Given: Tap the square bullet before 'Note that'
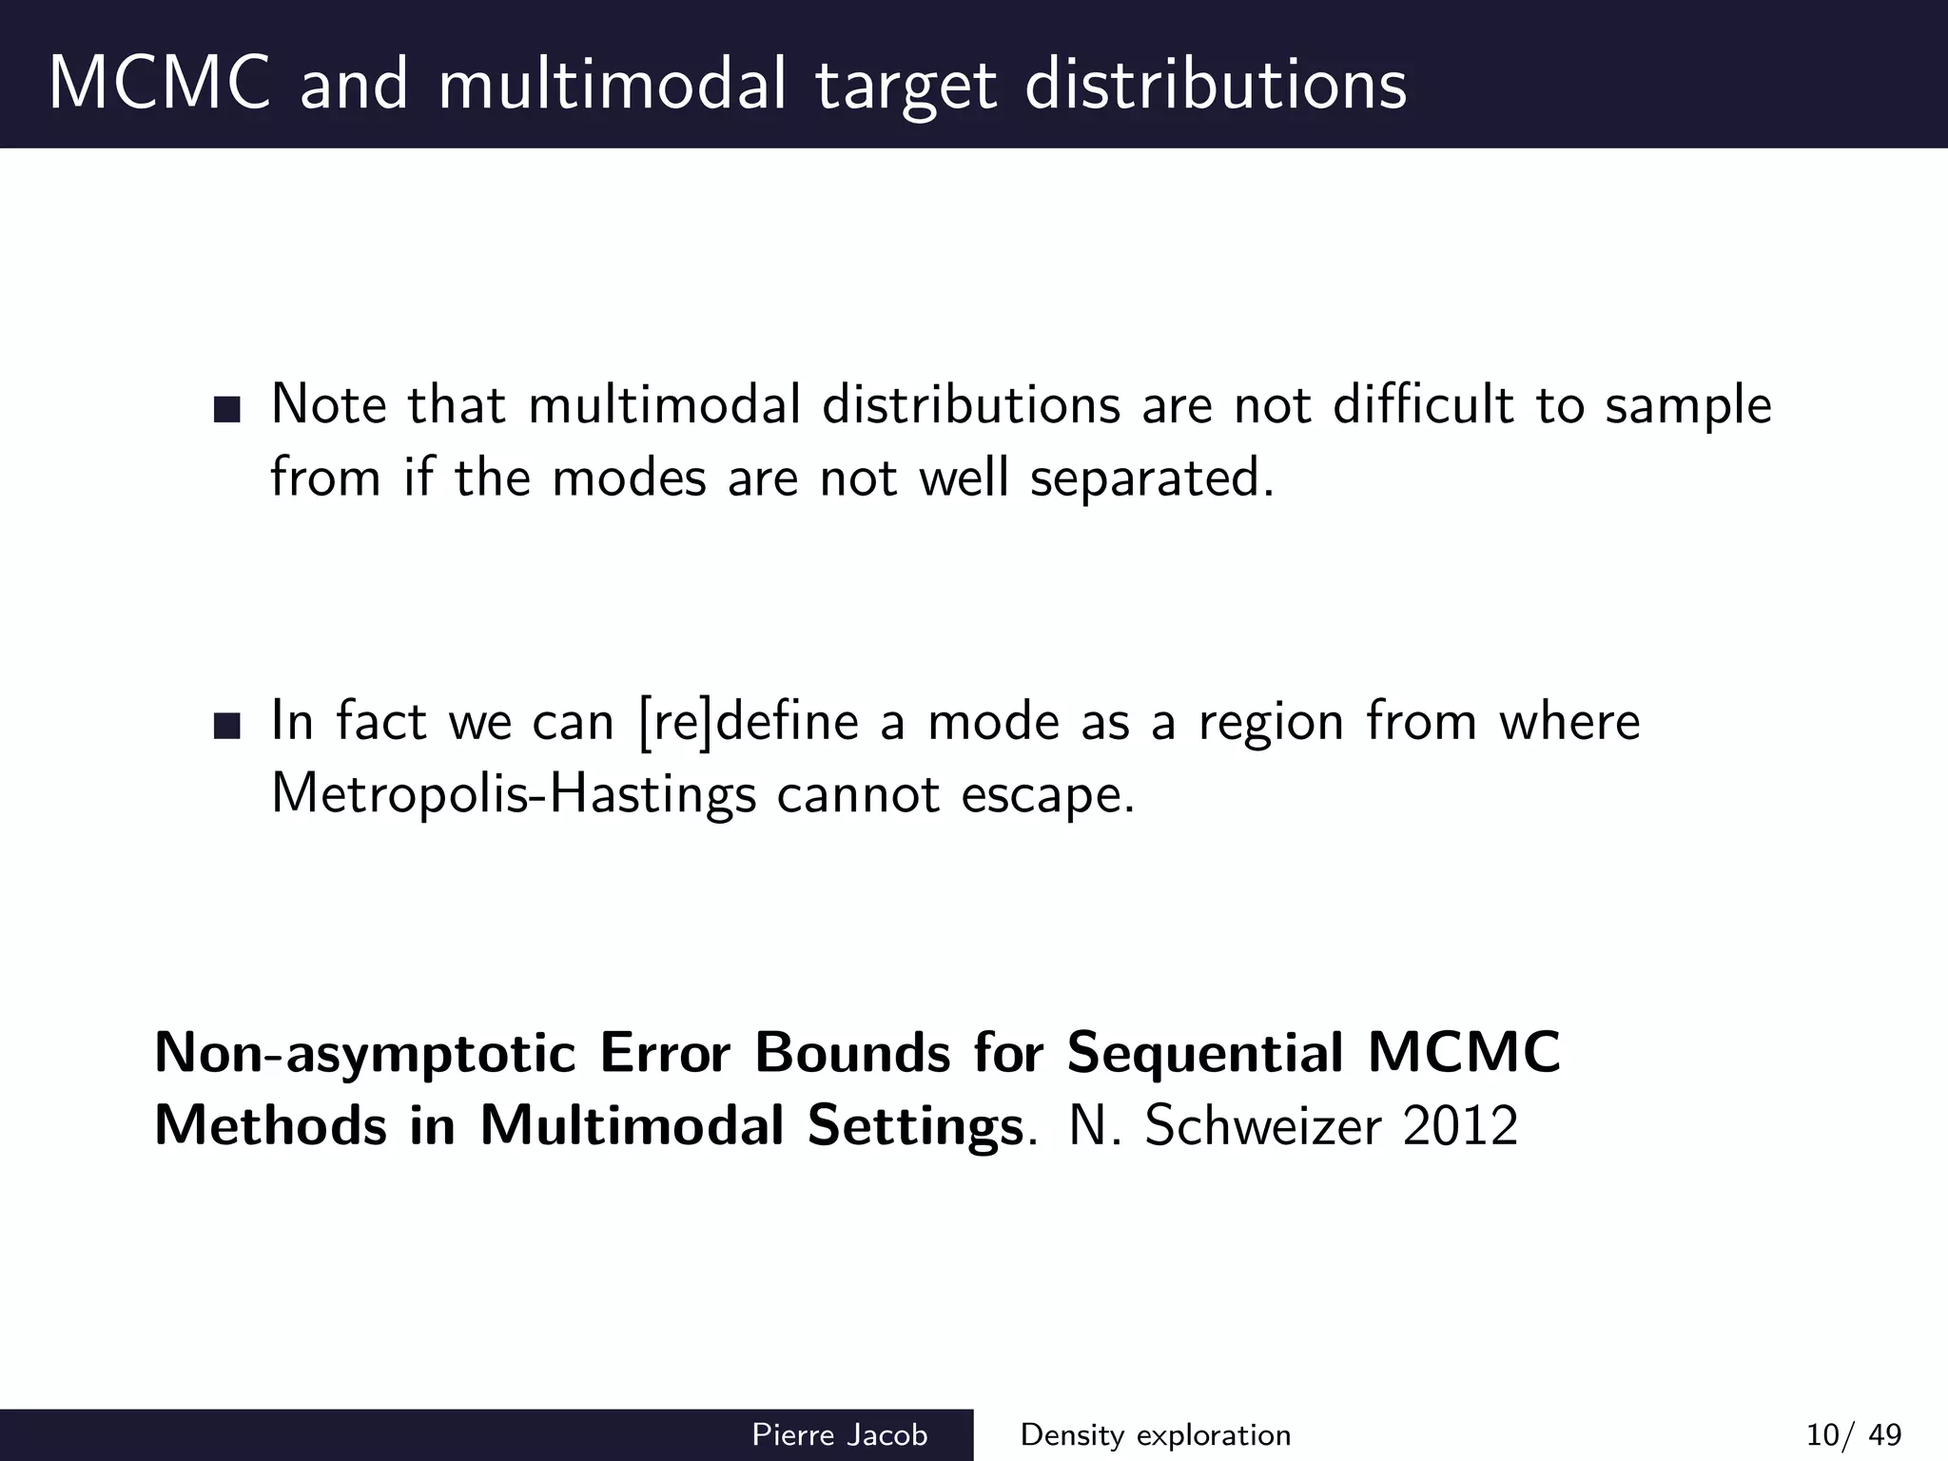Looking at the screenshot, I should point(227,409).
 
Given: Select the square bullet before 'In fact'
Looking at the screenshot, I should point(227,726).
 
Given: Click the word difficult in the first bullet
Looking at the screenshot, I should point(1423,405).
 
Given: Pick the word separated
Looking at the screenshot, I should point(1151,477).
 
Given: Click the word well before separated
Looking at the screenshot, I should point(964,477).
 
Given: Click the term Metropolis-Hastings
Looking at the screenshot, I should point(514,793).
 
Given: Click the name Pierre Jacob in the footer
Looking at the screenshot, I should point(840,1434).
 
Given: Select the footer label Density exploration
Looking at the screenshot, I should point(1155,1434).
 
